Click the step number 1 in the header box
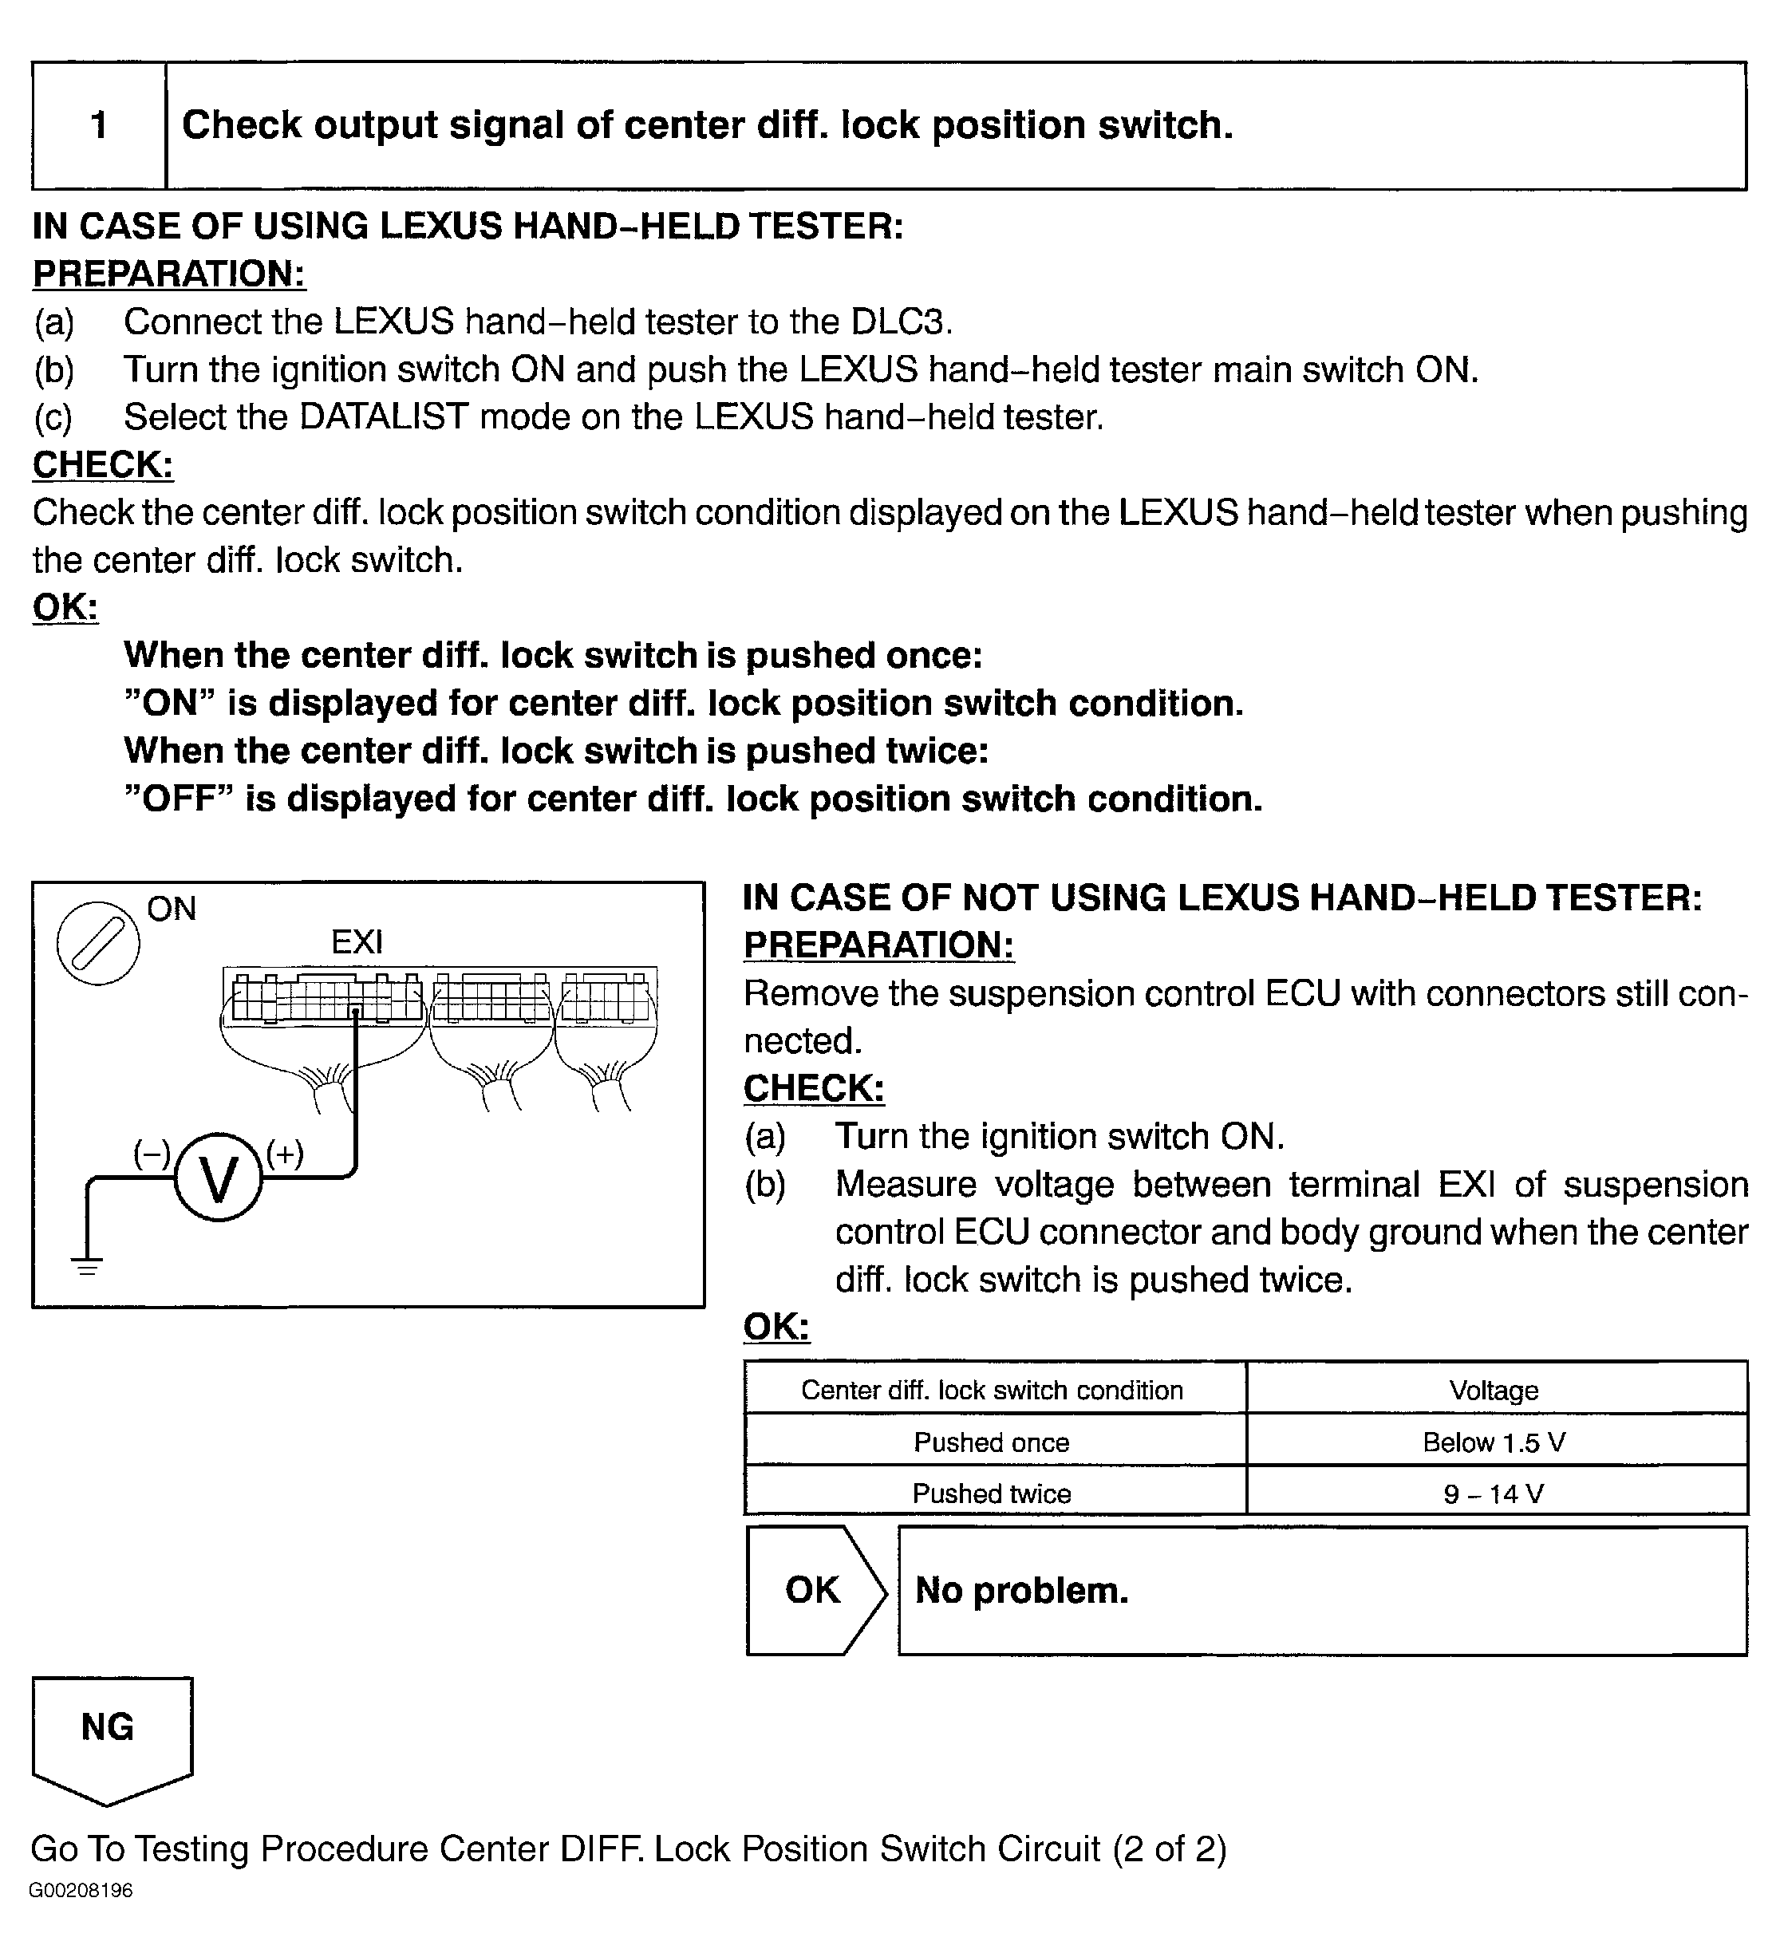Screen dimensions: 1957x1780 point(98,125)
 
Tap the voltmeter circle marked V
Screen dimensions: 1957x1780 point(219,1178)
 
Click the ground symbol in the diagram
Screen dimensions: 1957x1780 point(87,1264)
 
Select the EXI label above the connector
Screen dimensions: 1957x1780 point(357,941)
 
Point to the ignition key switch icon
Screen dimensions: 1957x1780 point(98,941)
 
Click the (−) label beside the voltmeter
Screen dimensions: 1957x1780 point(152,1154)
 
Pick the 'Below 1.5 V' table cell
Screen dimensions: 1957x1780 point(1494,1442)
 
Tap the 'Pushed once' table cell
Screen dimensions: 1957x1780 point(992,1442)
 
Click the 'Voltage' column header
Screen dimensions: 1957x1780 point(1494,1390)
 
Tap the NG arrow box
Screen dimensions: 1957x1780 point(109,1738)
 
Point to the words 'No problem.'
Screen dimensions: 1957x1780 point(1022,1590)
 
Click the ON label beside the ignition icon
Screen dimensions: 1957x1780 point(172,909)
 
